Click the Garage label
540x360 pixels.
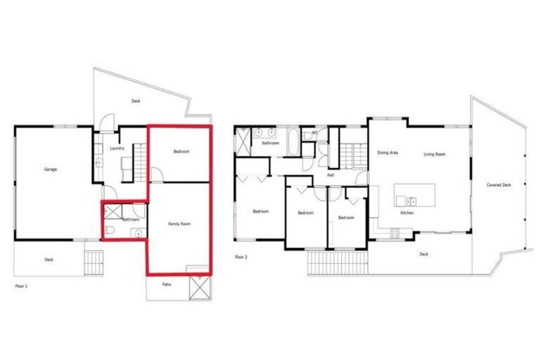51,169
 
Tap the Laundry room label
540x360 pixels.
117,148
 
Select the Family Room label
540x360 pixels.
179,224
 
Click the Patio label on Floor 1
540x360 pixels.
167,285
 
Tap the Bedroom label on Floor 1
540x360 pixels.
181,152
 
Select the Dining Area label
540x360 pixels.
388,153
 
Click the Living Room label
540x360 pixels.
435,154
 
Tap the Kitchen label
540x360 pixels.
406,212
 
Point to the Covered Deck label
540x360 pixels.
499,185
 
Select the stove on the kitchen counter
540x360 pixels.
394,233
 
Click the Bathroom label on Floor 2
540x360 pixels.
271,143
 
